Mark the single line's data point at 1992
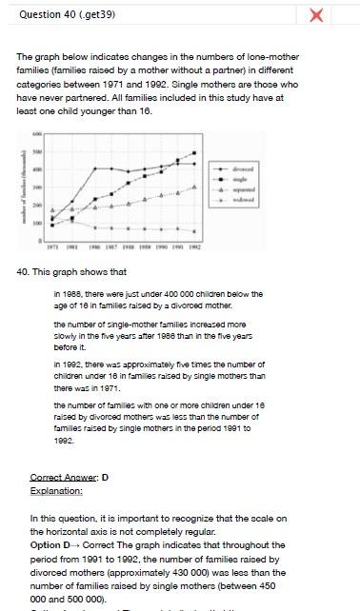coord(194,152)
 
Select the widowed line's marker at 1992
coord(194,231)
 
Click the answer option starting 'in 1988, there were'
coord(158,300)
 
